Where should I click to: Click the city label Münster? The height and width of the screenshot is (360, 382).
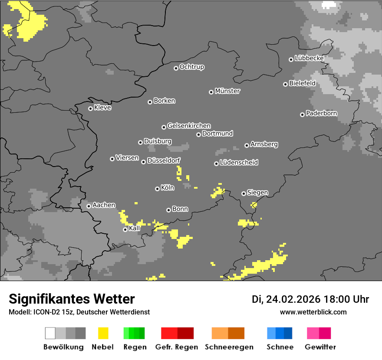[227, 91]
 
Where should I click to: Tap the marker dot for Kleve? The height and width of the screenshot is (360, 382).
[90, 108]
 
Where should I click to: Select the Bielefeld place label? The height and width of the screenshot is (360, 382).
[302, 83]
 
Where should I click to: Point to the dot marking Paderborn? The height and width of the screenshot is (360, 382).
[302, 115]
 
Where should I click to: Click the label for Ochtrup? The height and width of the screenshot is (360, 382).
[192, 67]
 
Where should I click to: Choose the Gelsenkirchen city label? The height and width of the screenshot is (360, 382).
[189, 126]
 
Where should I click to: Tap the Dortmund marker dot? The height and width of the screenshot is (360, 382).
[198, 134]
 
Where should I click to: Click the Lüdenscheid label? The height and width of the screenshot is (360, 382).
[239, 163]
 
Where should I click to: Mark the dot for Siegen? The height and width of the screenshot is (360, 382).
[244, 193]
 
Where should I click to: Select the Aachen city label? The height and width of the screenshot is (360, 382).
[104, 205]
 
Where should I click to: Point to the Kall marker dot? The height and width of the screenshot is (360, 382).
[125, 229]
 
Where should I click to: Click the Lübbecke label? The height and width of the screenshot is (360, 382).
[309, 58]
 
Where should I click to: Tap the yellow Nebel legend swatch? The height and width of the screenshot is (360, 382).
[103, 333]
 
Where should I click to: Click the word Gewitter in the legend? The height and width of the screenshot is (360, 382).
[320, 347]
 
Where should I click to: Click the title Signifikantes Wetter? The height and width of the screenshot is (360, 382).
[72, 299]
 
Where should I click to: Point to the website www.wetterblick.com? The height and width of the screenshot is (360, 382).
[313, 312]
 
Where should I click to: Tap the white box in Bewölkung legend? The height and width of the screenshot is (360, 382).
[50, 333]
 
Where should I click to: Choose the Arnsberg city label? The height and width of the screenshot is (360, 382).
[264, 144]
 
